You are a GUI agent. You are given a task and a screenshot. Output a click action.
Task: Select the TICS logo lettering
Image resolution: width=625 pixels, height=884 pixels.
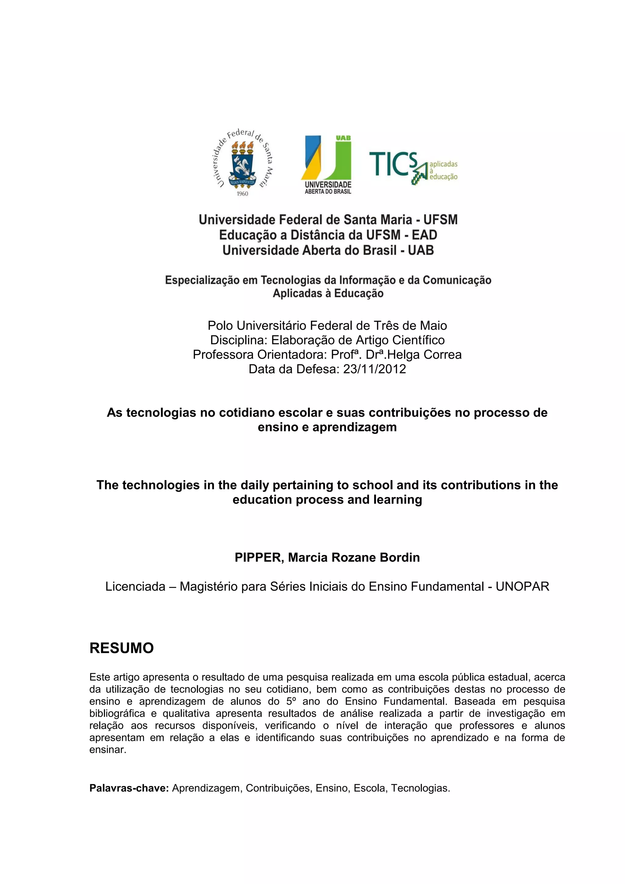pos(393,164)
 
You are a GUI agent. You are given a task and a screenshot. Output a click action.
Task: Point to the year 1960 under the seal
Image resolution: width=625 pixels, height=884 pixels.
pos(242,194)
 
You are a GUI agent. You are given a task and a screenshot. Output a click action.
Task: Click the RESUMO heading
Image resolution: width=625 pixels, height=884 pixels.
pos(122,648)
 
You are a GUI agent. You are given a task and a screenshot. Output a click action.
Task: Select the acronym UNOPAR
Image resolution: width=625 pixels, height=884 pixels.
pos(522,586)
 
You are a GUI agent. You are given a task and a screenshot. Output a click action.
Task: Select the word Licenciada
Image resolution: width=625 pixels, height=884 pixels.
pos(135,586)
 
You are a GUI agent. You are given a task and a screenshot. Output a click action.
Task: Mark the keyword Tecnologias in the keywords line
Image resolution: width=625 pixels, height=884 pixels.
pos(420,788)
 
